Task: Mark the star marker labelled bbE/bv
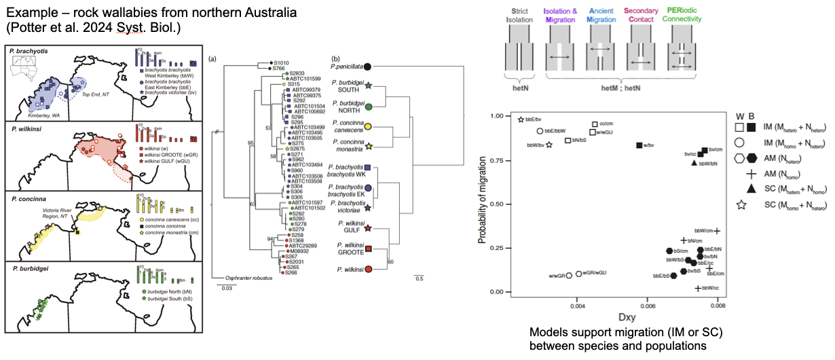[521, 120]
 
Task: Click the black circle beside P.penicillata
[367, 67]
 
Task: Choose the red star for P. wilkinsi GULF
[367, 228]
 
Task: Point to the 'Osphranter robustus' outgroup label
[238, 277]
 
